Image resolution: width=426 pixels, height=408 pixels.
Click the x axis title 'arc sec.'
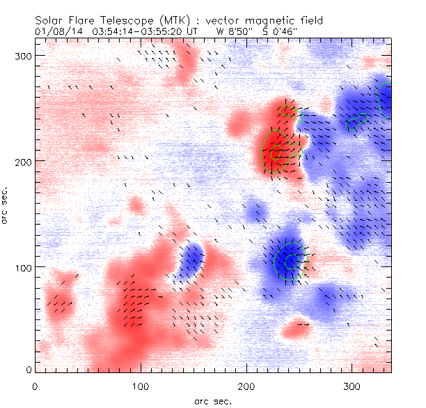pos(212,400)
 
